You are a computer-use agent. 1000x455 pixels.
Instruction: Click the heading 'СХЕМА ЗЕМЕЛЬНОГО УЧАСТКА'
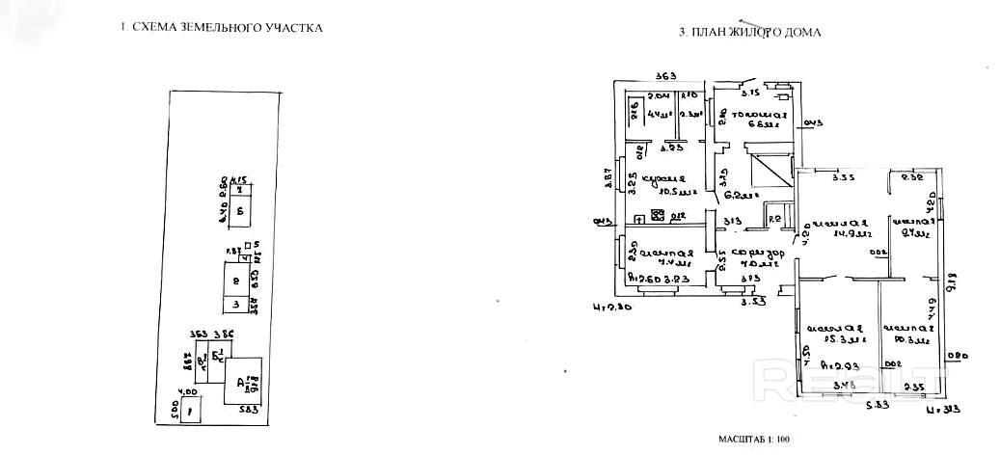point(221,28)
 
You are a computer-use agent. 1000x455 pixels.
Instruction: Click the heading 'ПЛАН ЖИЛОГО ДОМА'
point(749,32)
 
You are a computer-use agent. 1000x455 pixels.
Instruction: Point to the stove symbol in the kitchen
point(660,216)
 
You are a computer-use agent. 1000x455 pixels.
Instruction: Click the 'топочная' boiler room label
point(761,119)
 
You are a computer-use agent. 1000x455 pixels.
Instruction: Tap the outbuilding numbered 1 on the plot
point(190,411)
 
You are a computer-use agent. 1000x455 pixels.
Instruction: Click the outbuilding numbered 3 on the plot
point(236,305)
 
